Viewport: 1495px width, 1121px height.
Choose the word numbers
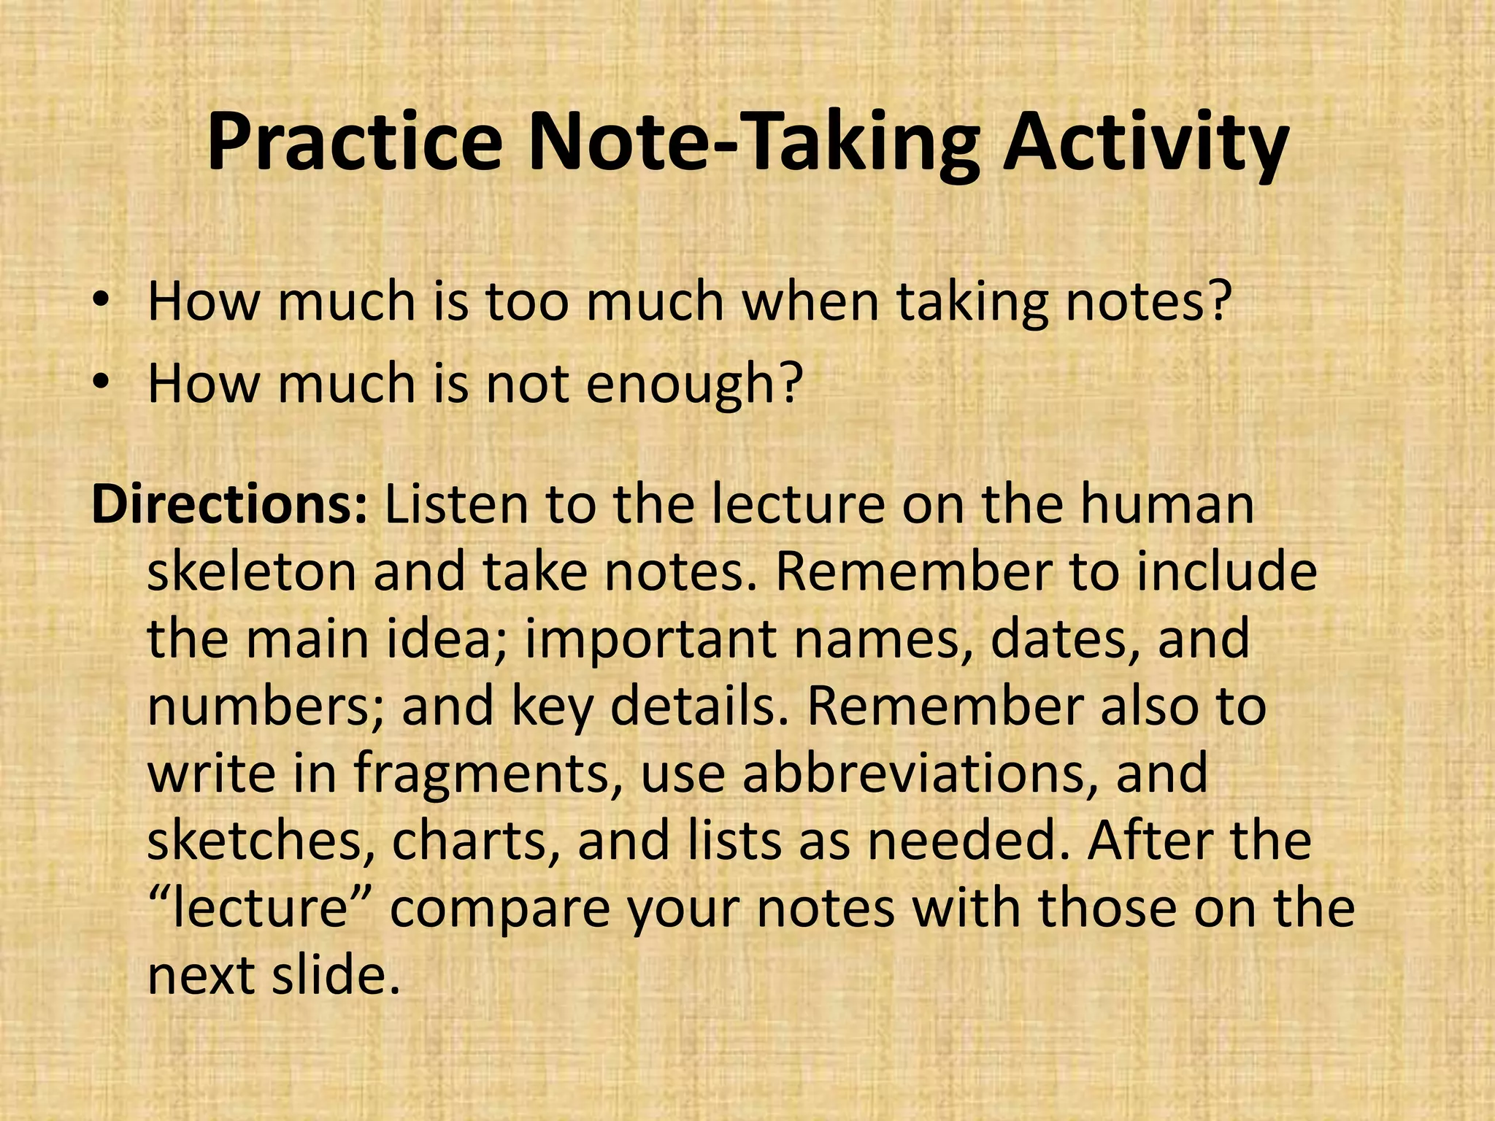267,706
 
